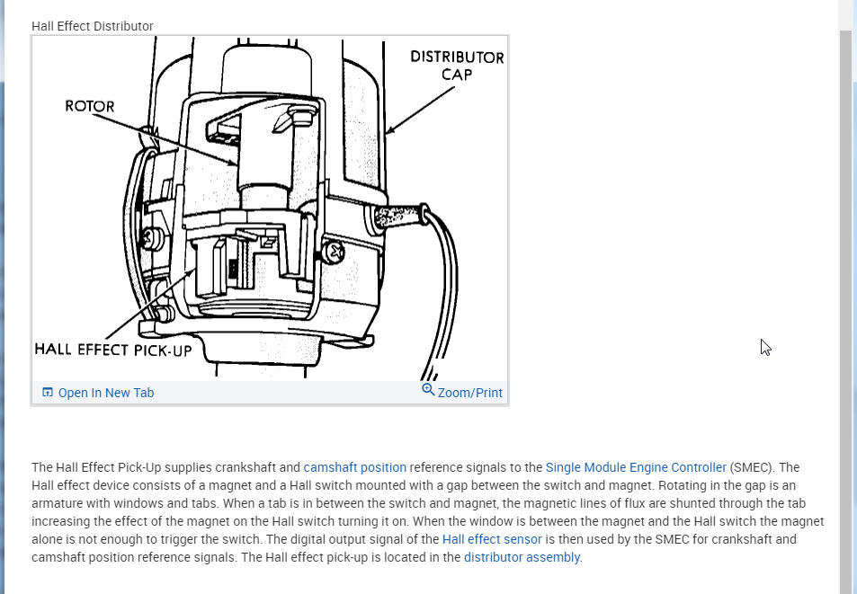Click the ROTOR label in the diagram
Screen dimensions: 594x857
(90, 106)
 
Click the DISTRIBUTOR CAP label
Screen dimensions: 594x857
(457, 65)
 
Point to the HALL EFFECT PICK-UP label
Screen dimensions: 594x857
(113, 350)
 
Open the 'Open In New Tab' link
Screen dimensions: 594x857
(106, 393)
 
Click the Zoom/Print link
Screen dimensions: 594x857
(469, 393)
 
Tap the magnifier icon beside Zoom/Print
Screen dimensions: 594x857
(428, 390)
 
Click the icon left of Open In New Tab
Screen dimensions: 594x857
(48, 393)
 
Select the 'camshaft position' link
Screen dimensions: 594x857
(354, 467)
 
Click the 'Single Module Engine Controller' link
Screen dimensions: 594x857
(636, 467)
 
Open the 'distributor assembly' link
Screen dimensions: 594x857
(522, 557)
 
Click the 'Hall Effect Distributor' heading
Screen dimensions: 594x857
(93, 26)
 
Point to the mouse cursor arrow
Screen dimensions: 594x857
(764, 346)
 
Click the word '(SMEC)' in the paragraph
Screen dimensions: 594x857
(752, 467)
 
